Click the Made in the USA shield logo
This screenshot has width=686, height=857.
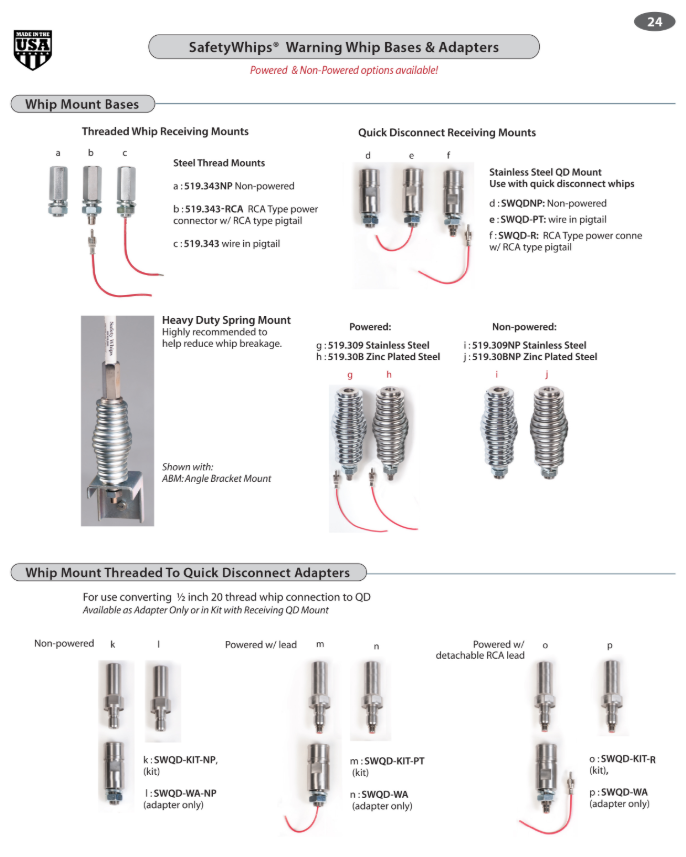coord(33,50)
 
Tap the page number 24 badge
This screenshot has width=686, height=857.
coord(654,22)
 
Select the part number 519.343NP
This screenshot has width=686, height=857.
coord(208,186)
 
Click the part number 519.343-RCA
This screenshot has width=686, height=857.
coord(214,209)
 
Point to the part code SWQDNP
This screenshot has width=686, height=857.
coord(523,203)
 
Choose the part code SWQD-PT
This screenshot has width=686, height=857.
coord(523,220)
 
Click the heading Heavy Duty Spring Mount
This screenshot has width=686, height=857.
coord(226,320)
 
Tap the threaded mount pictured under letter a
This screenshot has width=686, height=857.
coord(58,191)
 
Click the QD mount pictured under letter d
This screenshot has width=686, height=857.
coord(369,197)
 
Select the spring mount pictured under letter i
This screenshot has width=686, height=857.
coord(498,432)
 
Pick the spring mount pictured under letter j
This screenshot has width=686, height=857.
coord(548,432)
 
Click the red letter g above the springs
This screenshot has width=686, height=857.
coord(350,375)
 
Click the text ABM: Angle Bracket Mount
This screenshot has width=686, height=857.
coord(216,479)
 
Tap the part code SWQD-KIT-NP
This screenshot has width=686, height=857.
coord(185,760)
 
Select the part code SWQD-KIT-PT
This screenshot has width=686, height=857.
coord(394,761)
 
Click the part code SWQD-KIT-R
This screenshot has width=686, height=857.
coord(628,760)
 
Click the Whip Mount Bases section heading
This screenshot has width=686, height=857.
coord(82,104)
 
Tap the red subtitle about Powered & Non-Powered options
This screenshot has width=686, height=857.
coord(344,71)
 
